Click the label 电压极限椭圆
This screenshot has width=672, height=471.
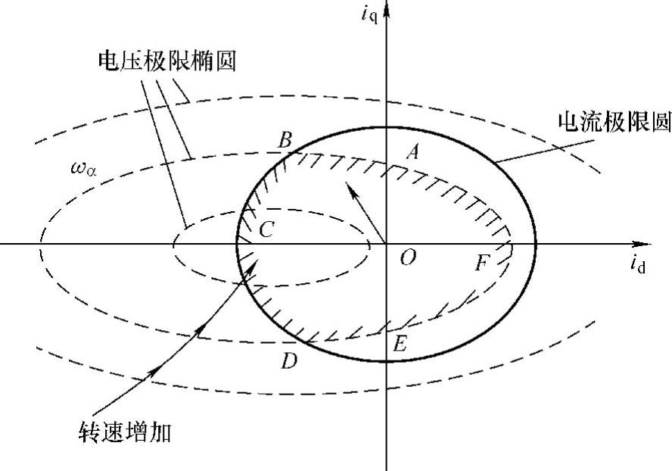click(x=166, y=61)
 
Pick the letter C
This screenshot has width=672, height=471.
click(x=266, y=230)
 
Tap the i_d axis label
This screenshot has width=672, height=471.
click(x=637, y=265)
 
